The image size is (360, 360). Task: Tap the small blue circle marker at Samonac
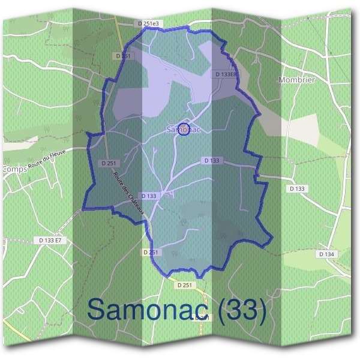[x=185, y=128]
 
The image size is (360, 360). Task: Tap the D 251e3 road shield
[x=149, y=23]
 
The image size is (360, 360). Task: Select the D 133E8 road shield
[x=226, y=74]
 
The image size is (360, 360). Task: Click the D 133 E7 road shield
[x=50, y=240]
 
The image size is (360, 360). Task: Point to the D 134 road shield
[x=326, y=254]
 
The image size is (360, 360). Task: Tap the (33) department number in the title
[x=242, y=309]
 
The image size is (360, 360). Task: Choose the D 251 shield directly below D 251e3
[x=122, y=56]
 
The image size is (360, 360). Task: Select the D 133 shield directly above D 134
[x=297, y=188]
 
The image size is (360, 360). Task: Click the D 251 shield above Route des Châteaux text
[x=109, y=163]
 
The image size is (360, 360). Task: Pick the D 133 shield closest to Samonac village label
[x=212, y=160]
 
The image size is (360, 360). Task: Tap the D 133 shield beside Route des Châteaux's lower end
[x=149, y=196]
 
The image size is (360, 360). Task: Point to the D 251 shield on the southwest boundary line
[x=152, y=253]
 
